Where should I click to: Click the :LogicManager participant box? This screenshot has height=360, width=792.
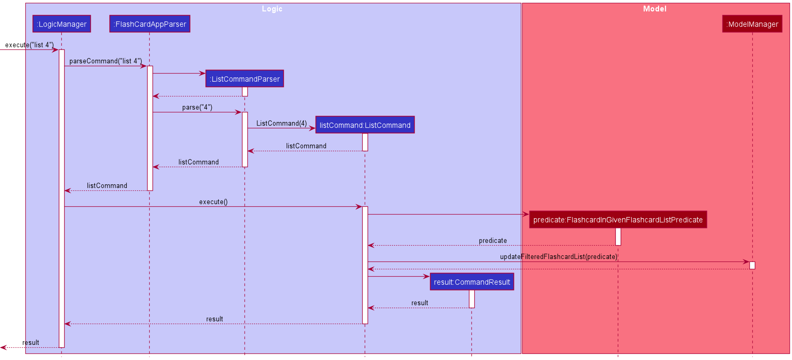tap(62, 24)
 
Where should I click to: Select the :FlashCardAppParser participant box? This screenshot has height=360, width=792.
tap(150, 24)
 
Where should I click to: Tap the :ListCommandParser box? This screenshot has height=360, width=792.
tap(245, 79)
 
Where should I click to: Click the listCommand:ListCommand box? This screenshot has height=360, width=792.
tap(365, 125)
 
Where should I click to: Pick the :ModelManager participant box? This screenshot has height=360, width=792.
tap(752, 24)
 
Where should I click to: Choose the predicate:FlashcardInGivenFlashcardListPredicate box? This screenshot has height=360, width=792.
tap(618, 220)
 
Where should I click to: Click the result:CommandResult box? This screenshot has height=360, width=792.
tap(472, 282)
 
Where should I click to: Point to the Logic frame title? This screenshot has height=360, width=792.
tap(272, 9)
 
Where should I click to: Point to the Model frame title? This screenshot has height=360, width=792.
tap(655, 9)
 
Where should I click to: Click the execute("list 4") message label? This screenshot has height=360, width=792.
tap(29, 45)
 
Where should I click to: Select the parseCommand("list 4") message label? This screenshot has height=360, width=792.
tap(105, 61)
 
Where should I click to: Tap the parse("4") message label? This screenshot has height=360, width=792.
tap(197, 107)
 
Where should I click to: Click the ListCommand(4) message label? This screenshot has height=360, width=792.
tap(281, 123)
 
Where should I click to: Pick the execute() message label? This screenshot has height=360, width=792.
tap(213, 202)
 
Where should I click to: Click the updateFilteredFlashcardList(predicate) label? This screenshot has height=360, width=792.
tap(559, 257)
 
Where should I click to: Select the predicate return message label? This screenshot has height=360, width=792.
tap(493, 241)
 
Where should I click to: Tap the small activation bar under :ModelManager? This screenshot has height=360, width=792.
tap(752, 266)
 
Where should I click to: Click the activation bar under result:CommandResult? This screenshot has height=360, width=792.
tap(472, 299)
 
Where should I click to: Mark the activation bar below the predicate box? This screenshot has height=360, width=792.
tap(618, 237)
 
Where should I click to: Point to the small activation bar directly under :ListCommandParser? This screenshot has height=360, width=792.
tap(245, 92)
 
